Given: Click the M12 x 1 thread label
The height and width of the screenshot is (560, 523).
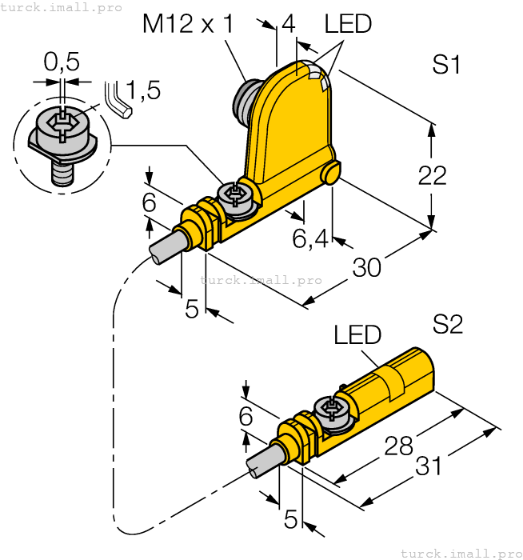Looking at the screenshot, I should click(188, 24).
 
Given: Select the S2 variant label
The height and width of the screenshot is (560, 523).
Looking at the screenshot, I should click(447, 324).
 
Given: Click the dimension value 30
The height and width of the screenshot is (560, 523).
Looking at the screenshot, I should click(367, 268).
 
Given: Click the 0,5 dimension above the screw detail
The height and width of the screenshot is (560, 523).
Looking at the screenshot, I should click(62, 62).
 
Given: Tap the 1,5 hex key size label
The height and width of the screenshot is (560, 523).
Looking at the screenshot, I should click(143, 90).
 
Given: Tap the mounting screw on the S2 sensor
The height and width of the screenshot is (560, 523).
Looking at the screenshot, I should click(331, 409).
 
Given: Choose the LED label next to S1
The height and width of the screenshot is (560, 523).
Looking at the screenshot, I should click(348, 24).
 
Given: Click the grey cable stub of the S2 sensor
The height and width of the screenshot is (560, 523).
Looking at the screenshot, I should click(264, 461).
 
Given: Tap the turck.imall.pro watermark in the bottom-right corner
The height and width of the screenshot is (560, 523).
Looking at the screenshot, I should click(458, 553).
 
